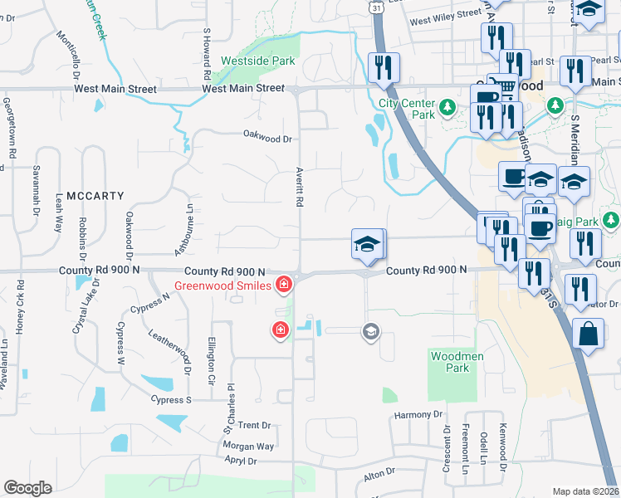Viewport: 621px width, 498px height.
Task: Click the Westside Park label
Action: pos(258,61)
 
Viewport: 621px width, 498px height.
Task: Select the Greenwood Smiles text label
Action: pos(222,286)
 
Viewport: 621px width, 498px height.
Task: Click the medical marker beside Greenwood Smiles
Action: pos(284,286)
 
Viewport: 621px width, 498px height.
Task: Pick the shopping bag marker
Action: pos(588,335)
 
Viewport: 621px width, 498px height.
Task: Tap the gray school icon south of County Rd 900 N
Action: pos(370,332)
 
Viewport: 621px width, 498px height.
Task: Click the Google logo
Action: pos(28,488)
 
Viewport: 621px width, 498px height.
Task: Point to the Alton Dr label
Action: pos(379,474)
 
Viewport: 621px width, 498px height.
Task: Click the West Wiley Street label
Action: pos(445,15)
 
